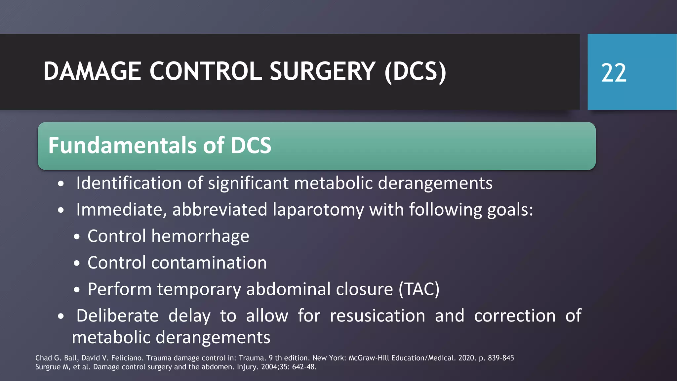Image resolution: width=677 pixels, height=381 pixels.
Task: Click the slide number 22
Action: [614, 73]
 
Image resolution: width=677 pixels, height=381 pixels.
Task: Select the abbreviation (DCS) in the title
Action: [415, 72]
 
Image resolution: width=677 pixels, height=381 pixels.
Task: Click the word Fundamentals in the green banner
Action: [123, 146]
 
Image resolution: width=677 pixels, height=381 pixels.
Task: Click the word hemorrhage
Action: [200, 236]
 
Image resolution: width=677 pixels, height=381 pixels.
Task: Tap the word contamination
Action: [209, 263]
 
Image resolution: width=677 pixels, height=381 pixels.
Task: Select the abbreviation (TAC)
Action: [419, 289]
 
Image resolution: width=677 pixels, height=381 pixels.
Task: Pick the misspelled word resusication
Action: [378, 316]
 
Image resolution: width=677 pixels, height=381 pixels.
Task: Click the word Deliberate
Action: [117, 316]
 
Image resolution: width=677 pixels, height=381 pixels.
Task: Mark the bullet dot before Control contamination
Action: [77, 264]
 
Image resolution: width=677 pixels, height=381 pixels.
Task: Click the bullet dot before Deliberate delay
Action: [60, 317]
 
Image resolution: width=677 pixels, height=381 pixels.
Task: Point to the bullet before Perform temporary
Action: [77, 290]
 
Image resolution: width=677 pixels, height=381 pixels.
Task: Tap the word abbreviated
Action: [219, 210]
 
